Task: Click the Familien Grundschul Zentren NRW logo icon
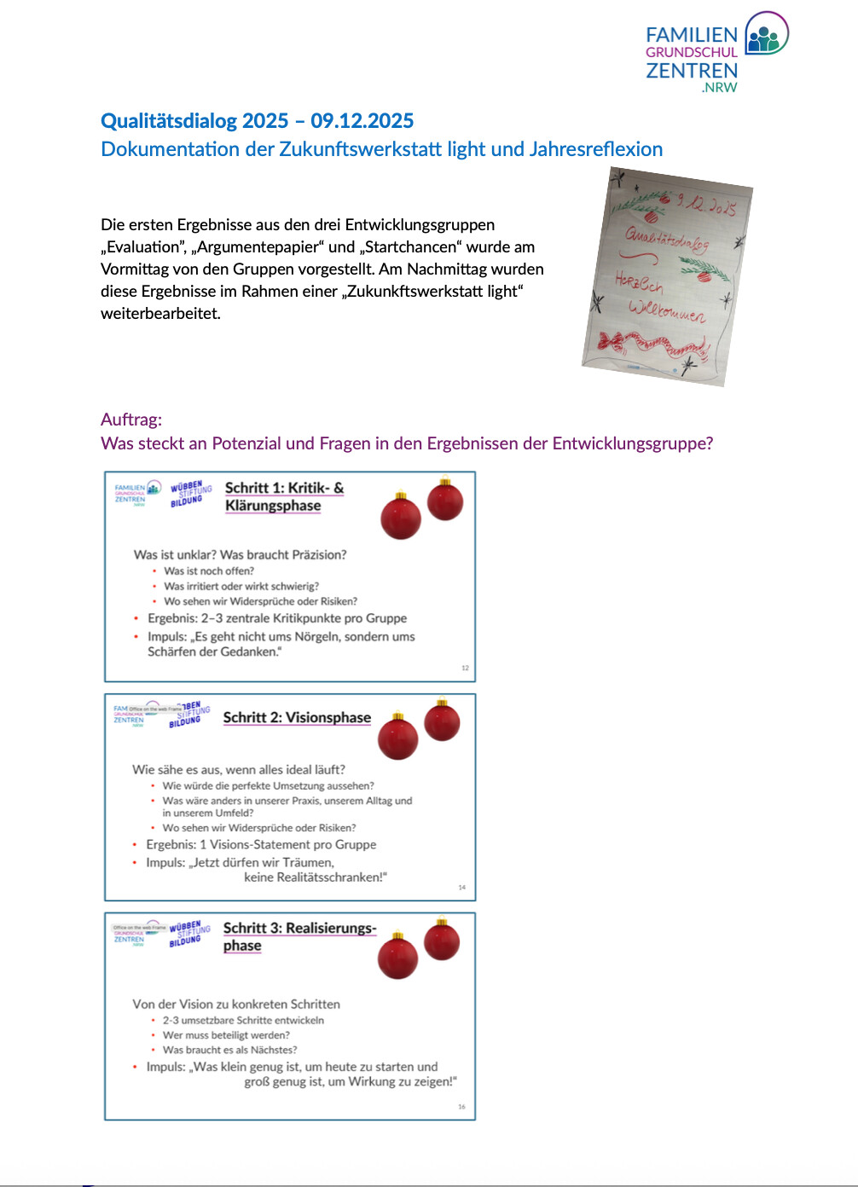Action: [x=766, y=35]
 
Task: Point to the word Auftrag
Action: [x=130, y=420]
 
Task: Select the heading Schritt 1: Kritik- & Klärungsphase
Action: [x=284, y=496]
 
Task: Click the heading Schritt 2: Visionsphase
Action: [x=297, y=717]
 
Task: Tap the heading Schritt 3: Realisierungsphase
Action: [x=299, y=936]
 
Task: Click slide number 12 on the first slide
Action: [x=465, y=668]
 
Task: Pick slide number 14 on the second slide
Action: [x=461, y=888]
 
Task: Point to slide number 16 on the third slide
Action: [x=461, y=1107]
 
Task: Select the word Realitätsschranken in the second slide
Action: [x=312, y=877]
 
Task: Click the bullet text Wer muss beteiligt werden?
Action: [x=226, y=1035]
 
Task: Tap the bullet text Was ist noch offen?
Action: [x=209, y=571]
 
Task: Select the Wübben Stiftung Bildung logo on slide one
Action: [x=190, y=493]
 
